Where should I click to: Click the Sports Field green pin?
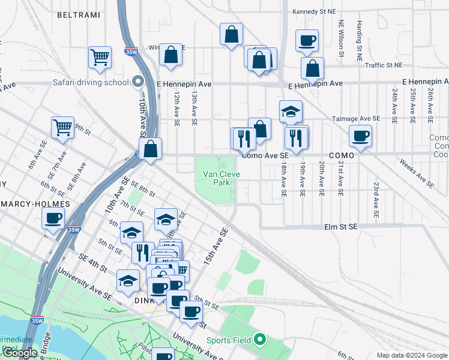tap(259, 340)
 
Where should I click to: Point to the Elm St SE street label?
tap(340, 227)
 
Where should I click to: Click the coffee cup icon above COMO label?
tap(360, 136)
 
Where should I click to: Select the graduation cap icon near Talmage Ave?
tap(291, 112)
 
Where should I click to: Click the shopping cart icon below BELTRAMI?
tap(100, 58)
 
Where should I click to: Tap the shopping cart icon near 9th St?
tap(62, 128)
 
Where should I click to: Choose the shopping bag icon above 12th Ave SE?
tap(171, 55)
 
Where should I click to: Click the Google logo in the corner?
tap(20, 353)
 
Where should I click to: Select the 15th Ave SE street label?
tap(215, 246)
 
